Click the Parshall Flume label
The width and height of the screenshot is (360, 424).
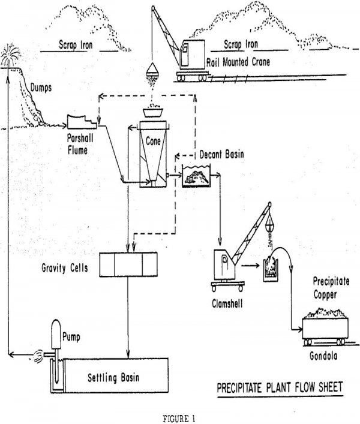pyautogui.click(x=80, y=144)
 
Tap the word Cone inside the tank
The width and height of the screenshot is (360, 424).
pyautogui.click(x=153, y=141)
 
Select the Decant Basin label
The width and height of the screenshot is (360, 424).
pyautogui.click(x=221, y=154)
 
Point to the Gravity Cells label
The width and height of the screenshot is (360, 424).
pyautogui.click(x=65, y=268)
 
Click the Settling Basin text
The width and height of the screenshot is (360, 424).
pyautogui.click(x=113, y=377)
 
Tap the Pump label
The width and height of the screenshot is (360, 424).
pyautogui.click(x=71, y=337)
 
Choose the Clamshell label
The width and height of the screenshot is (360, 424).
pyautogui.click(x=227, y=303)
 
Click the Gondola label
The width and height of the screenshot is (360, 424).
pyautogui.click(x=323, y=356)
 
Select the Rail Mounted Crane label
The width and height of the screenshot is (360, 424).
pyautogui.click(x=238, y=62)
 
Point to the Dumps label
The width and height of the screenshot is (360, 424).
pyautogui.click(x=41, y=88)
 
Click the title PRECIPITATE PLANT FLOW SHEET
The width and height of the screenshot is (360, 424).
pyautogui.click(x=280, y=387)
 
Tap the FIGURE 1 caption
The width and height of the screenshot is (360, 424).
pyautogui.click(x=179, y=419)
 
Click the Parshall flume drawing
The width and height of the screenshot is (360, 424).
pyautogui.click(x=82, y=122)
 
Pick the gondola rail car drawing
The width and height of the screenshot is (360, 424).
pyautogui.click(x=325, y=331)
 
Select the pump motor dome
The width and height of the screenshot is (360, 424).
pyautogui.click(x=56, y=334)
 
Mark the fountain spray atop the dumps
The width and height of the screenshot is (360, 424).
pyautogui.click(x=10, y=55)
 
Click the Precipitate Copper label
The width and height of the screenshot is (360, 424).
pyautogui.click(x=331, y=288)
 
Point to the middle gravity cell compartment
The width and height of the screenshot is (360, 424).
pyautogui.click(x=129, y=264)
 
